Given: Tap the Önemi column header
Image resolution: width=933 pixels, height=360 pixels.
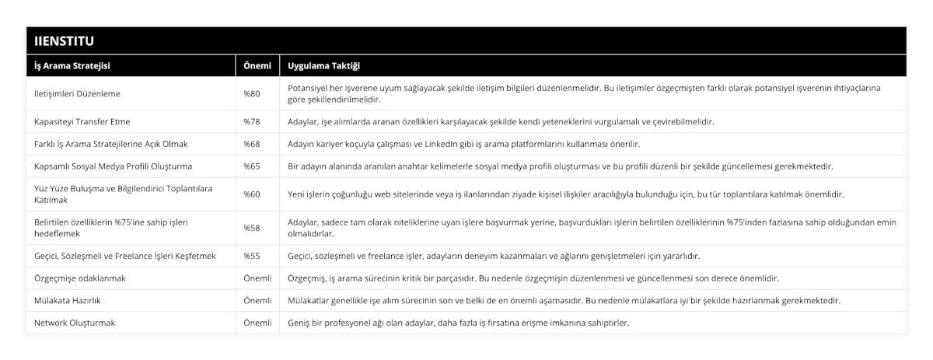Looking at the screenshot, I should [x=257, y=66].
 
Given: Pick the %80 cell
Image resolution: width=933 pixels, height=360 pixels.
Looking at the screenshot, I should [x=252, y=94].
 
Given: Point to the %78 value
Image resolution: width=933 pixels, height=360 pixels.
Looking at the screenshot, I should [x=252, y=122].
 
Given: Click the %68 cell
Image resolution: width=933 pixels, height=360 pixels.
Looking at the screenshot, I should [x=252, y=144].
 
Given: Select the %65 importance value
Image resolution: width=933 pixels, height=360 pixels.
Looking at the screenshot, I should [x=252, y=166].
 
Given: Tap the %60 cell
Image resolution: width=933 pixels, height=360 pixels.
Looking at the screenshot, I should [x=252, y=194].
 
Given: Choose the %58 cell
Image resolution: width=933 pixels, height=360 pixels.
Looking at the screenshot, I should [x=252, y=228].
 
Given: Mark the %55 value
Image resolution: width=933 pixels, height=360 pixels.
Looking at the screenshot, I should [x=252, y=256].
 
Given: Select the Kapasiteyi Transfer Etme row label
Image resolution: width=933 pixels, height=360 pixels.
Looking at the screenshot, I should [x=82, y=122].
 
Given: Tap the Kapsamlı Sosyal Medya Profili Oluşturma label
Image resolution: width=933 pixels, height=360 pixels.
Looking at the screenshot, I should [x=114, y=166].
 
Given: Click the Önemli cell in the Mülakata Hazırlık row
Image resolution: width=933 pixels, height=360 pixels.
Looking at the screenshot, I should [x=257, y=300].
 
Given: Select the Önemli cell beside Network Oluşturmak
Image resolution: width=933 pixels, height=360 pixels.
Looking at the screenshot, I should [x=257, y=323].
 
